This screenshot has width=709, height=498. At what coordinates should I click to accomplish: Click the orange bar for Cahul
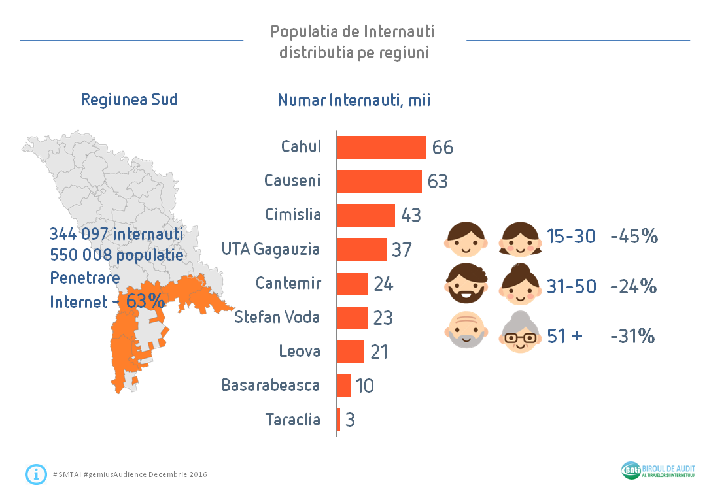click(381, 147)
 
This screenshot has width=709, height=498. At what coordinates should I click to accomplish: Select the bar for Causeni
click(379, 181)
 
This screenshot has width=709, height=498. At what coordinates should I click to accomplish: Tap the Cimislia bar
click(366, 215)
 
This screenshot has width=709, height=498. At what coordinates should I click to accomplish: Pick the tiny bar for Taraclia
click(338, 420)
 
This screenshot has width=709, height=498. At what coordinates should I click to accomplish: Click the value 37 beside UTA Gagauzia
click(402, 250)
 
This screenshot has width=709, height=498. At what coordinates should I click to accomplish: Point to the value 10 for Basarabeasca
click(365, 386)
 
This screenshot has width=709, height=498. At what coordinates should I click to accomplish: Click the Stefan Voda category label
click(277, 318)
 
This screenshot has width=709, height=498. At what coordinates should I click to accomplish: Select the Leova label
click(300, 352)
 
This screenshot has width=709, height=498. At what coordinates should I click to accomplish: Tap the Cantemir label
click(288, 284)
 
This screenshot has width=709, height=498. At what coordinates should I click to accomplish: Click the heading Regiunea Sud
click(130, 100)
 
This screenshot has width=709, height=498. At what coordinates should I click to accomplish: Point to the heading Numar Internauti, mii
click(354, 101)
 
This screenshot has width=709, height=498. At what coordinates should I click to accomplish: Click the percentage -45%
click(633, 237)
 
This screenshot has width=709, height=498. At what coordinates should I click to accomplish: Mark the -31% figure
click(632, 337)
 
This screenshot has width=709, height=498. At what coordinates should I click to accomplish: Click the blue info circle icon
click(36, 474)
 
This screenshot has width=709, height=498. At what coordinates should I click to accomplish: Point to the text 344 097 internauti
click(116, 234)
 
